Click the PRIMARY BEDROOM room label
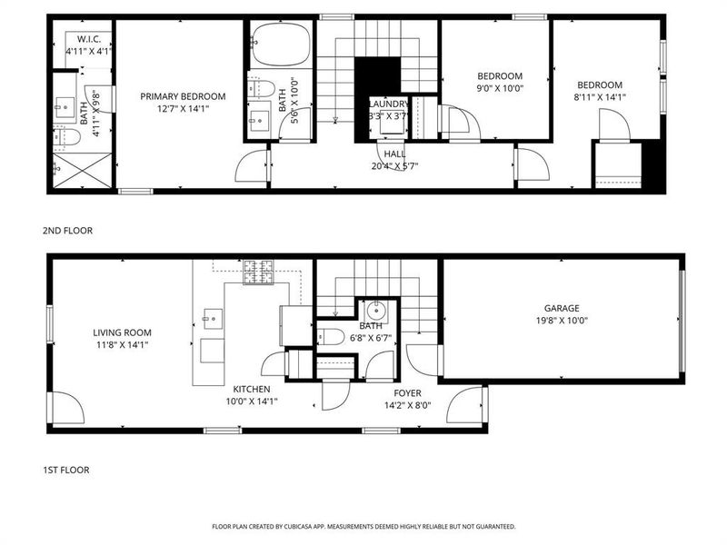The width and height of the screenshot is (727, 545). (183, 95)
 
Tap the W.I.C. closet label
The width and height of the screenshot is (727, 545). (88, 38)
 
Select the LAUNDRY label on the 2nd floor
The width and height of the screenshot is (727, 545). (388, 104)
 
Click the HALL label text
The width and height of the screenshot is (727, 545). (393, 154)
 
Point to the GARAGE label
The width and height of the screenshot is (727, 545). (562, 308)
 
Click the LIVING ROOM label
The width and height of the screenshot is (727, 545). (122, 332)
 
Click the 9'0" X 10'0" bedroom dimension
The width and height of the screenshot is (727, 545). (501, 89)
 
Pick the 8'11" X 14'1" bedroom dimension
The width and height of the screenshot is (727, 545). (600, 97)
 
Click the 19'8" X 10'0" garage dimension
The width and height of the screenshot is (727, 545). (562, 320)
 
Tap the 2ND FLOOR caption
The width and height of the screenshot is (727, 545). (67, 231)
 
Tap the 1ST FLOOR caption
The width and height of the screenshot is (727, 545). (66, 470)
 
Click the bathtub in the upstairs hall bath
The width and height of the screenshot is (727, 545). (281, 45)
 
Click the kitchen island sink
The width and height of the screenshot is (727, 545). (213, 317)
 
